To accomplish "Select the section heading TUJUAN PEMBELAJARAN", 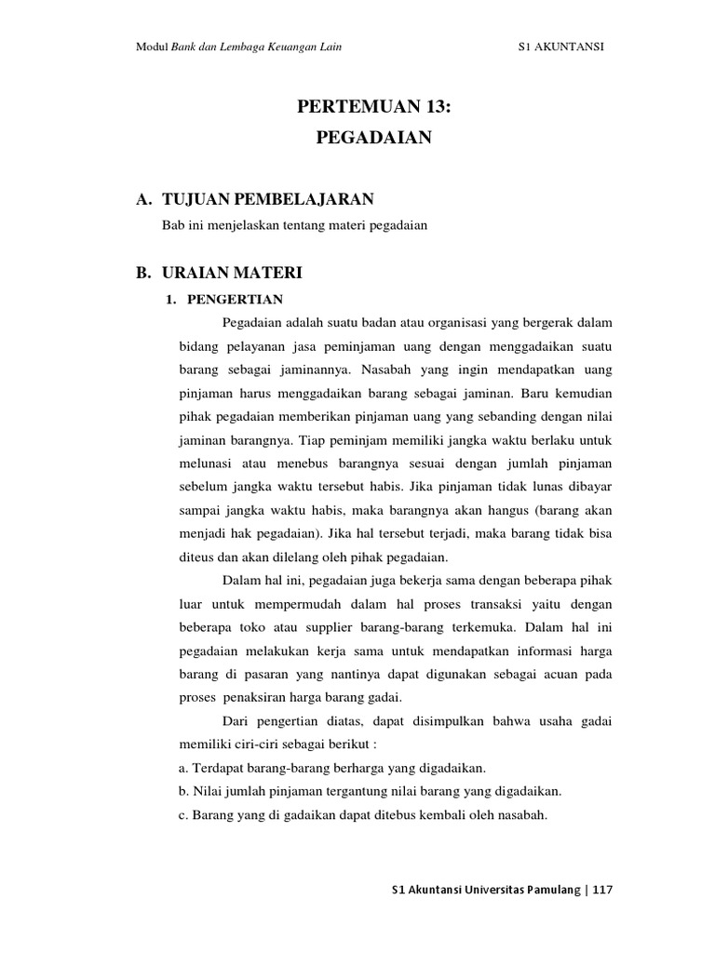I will click(267, 199).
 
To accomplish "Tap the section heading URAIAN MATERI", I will click(232, 274).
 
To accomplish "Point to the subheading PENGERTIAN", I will click(236, 299).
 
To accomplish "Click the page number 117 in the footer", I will click(602, 890).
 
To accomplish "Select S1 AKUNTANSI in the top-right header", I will click(560, 48).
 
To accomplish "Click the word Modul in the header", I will click(152, 48).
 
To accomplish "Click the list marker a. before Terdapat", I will click(182, 768).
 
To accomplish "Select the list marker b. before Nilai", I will click(183, 792).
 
